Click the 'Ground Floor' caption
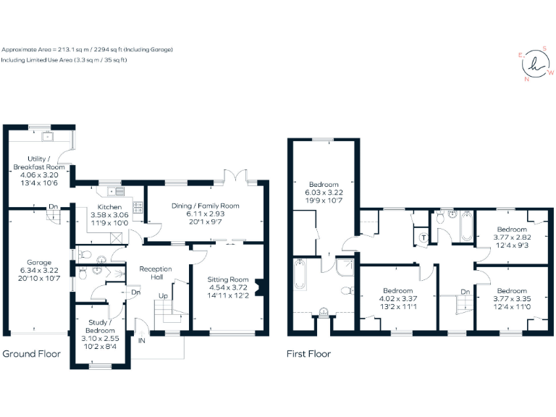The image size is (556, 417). (x=31, y=354)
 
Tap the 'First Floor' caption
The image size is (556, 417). (x=308, y=354)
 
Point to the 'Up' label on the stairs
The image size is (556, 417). (x=164, y=295)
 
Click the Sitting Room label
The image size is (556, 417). (x=227, y=279)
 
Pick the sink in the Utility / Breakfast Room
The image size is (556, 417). (x=50, y=136)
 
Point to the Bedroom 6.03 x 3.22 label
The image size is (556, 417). (x=323, y=185)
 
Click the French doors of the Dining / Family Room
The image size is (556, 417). (x=237, y=179)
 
